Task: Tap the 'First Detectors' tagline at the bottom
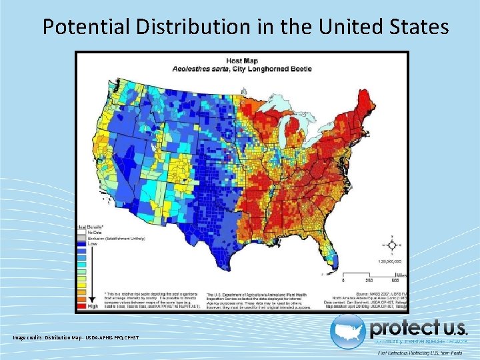point(420,352)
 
